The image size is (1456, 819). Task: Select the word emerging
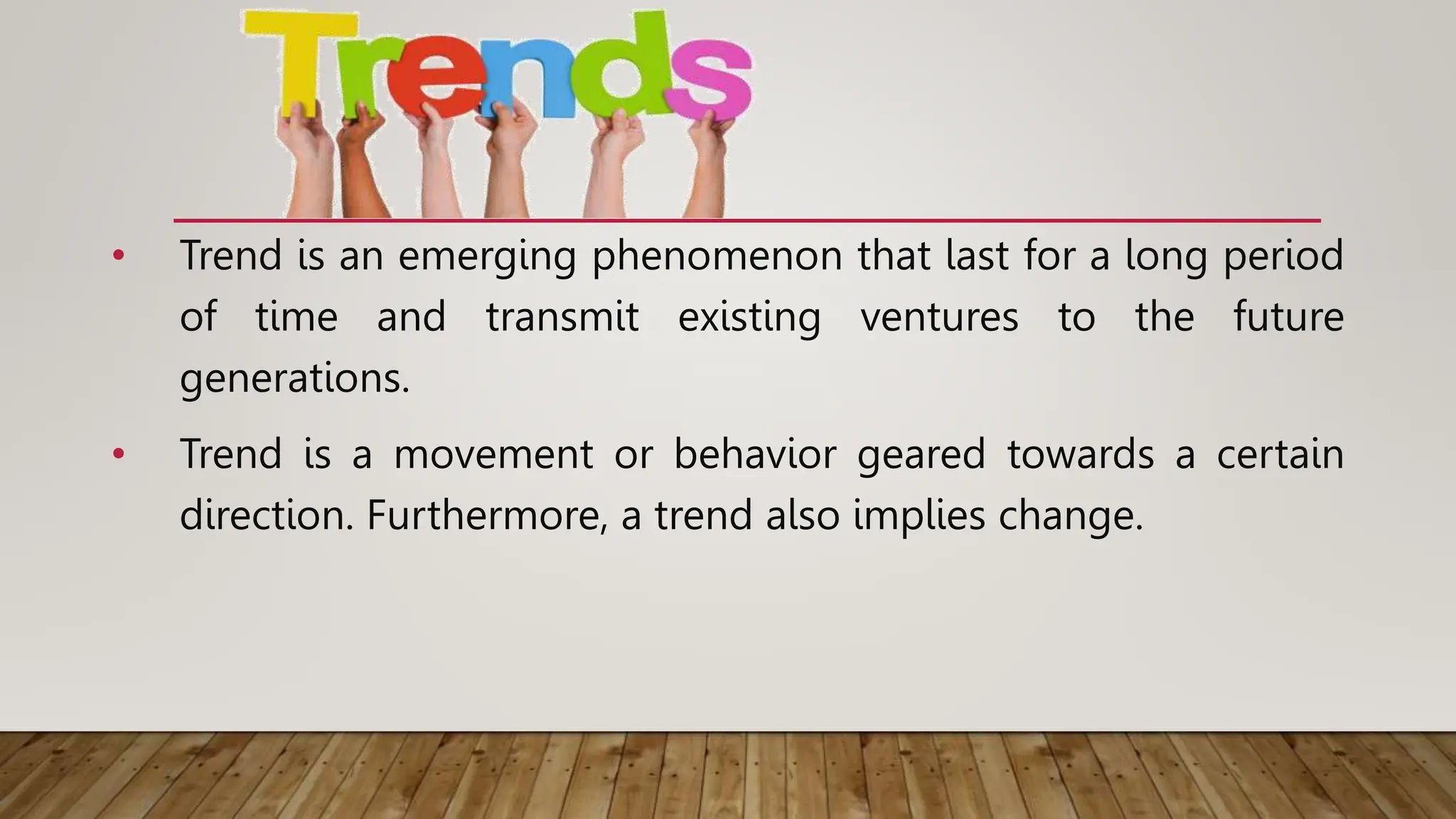[x=487, y=256]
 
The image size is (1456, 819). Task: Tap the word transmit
[x=562, y=316]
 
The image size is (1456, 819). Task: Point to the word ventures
[x=939, y=318]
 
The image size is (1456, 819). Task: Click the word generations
[x=294, y=379]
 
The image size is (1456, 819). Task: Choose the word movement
[x=493, y=454]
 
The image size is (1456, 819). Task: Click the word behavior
[x=755, y=454]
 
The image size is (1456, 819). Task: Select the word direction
[x=266, y=515]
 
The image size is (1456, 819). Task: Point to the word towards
[x=1081, y=454]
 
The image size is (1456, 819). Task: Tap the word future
[x=1288, y=316]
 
